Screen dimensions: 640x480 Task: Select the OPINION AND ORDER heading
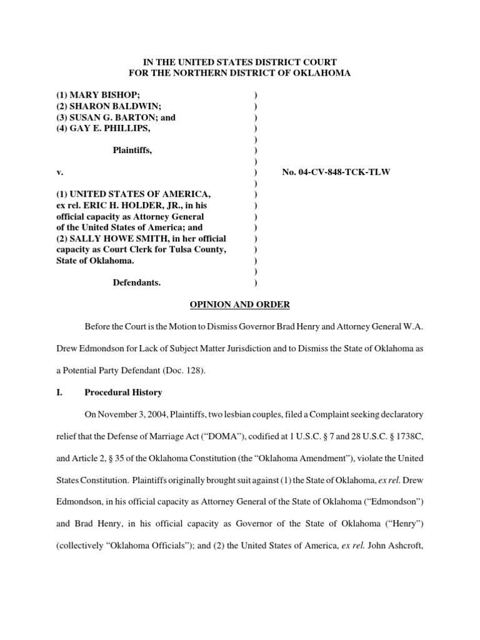click(239, 304)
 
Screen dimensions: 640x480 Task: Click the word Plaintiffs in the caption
click(132, 150)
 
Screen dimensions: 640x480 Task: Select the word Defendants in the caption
click(136, 282)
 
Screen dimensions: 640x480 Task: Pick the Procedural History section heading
click(123, 392)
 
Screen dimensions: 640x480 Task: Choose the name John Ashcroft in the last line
click(395, 546)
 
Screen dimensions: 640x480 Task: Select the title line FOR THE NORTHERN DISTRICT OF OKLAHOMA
click(239, 73)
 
